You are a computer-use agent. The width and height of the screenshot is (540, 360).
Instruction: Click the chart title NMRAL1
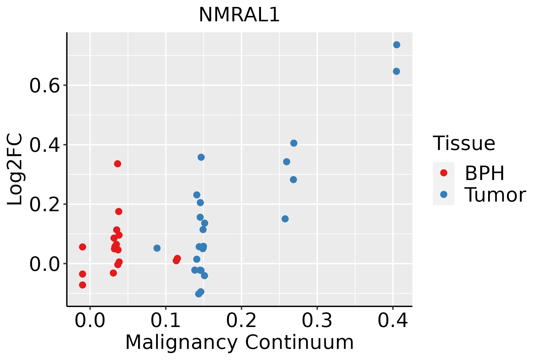pos(239,15)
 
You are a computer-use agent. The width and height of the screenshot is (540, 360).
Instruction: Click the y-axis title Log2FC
pos(15,169)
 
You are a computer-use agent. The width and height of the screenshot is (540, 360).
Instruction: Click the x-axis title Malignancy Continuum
pos(239,342)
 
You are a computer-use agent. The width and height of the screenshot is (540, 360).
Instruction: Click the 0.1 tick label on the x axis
pos(166,321)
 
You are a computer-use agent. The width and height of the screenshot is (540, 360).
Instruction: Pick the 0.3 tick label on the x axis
pos(317,321)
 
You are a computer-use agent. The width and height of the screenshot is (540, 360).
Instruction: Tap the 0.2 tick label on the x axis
pos(241,321)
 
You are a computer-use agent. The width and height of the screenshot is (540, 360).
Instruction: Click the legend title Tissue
pos(464,143)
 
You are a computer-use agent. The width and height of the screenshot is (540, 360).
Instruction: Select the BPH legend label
pos(484,173)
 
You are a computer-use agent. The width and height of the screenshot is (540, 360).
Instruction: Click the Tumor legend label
pos(495,195)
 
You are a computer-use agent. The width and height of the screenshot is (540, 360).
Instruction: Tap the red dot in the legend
pos(443,173)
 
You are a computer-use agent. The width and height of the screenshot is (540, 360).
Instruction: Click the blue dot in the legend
pos(443,194)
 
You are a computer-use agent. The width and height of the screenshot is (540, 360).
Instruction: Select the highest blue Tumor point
pos(397,45)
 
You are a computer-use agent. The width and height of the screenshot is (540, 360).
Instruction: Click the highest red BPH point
pos(118,164)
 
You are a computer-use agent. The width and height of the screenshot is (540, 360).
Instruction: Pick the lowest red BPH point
pos(82,285)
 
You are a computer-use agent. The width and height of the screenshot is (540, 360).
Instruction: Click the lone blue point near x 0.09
pos(157,248)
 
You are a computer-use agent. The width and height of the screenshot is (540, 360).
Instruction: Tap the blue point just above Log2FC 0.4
pos(294,143)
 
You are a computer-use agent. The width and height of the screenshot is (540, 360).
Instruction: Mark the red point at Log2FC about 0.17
pos(119,211)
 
